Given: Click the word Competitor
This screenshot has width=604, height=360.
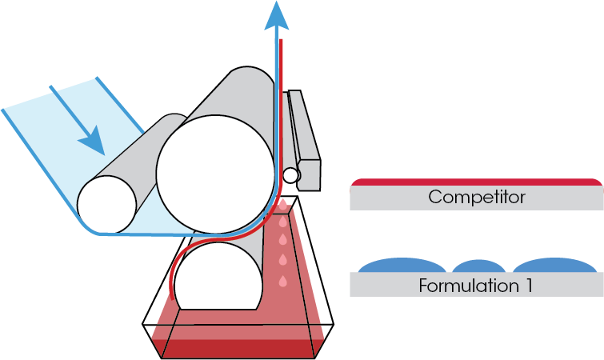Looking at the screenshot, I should click(476, 197).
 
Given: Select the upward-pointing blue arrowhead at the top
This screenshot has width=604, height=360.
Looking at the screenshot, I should click(277, 14).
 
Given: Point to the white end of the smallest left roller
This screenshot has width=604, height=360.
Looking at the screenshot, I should click(106, 201).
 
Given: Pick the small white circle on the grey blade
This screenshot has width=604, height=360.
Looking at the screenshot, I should click(291, 174).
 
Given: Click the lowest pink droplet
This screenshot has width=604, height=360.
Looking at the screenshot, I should click(282, 281).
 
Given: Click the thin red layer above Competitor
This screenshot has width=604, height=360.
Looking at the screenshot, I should click(476, 182).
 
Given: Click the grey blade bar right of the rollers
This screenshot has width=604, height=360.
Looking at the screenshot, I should click(304, 136).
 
